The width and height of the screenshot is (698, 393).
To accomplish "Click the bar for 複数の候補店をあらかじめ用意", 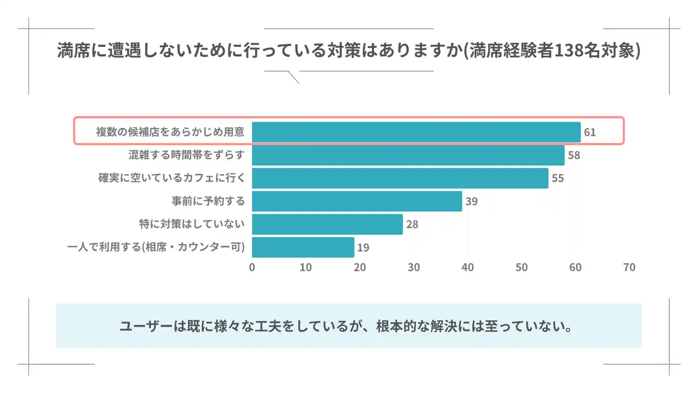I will pyautogui.click(x=416, y=132).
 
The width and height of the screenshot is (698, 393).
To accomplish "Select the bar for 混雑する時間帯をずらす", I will pyautogui.click(x=408, y=155).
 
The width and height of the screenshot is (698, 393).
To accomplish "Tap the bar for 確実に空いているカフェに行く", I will pyautogui.click(x=400, y=178).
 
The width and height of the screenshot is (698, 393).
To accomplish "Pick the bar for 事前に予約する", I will pyautogui.click(x=357, y=201).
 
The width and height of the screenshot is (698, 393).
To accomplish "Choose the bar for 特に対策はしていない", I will pyautogui.click(x=327, y=224).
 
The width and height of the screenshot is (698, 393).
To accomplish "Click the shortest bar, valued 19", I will pyautogui.click(x=303, y=247).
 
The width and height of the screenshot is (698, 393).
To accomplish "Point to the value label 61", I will pyautogui.click(x=589, y=133).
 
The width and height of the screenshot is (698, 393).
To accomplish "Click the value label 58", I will pyautogui.click(x=574, y=156).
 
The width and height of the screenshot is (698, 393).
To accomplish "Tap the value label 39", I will pyautogui.click(x=472, y=201).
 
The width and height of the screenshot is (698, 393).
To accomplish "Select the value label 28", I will pyautogui.click(x=412, y=224).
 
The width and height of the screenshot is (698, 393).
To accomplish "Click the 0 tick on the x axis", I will pyautogui.click(x=252, y=267).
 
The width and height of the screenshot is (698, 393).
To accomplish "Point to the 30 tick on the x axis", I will pyautogui.click(x=414, y=267).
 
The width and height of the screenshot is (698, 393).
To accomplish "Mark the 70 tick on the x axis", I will pyautogui.click(x=629, y=267).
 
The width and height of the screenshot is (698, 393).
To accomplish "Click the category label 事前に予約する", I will pyautogui.click(x=208, y=201).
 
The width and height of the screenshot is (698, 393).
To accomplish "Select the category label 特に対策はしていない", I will pyautogui.click(x=192, y=224).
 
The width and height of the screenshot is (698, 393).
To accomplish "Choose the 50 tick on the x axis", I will pyautogui.click(x=521, y=267).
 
